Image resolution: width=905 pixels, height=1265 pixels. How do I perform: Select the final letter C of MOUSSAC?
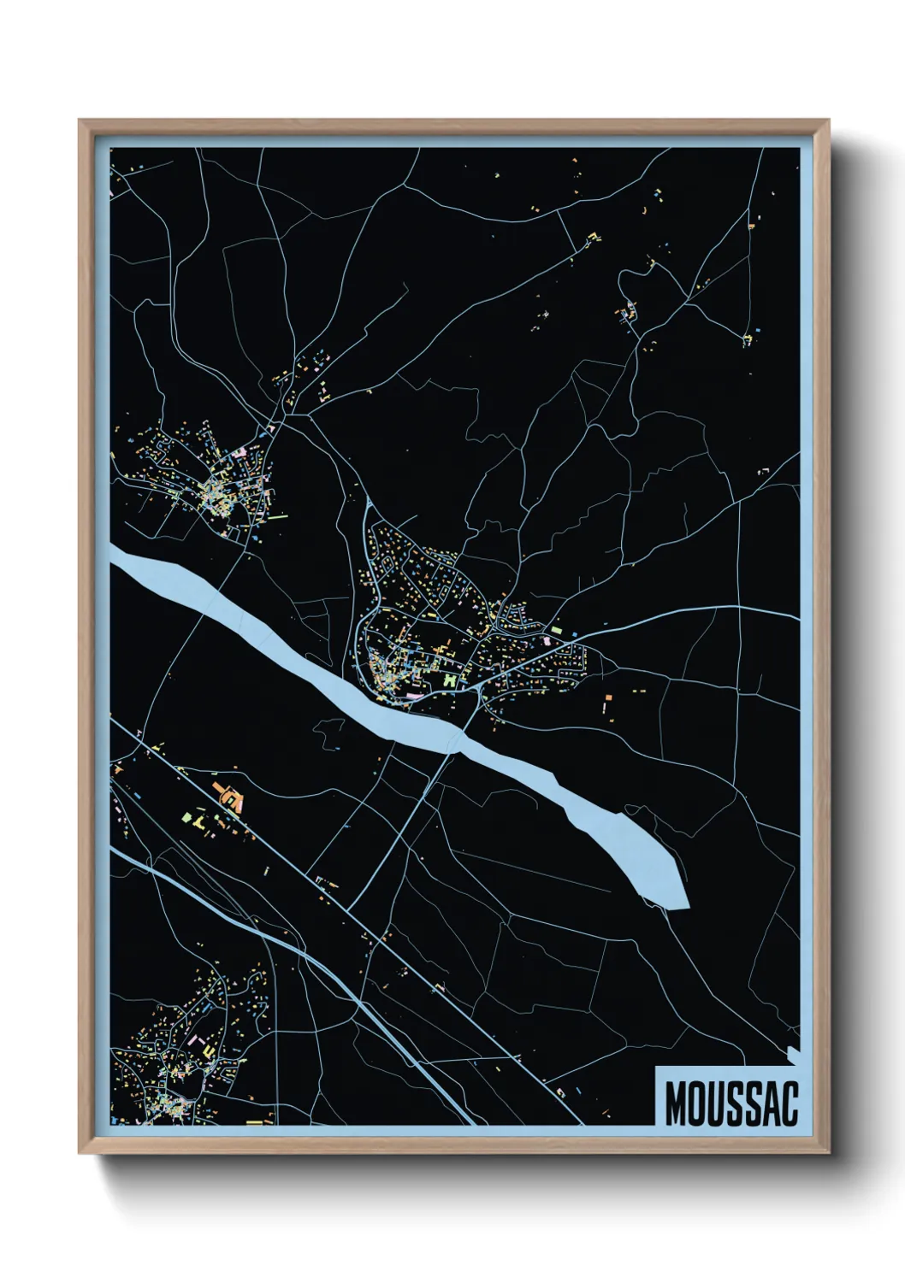pyautogui.click(x=789, y=1103)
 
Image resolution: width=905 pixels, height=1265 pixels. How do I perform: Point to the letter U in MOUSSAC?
pyautogui.click(x=714, y=1103)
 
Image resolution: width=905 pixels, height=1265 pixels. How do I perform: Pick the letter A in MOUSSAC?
pyautogui.click(x=770, y=1103)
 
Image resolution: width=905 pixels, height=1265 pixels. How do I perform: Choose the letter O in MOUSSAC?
pyautogui.click(x=695, y=1103)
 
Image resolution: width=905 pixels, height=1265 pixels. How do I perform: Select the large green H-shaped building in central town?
pyautogui.click(x=450, y=680)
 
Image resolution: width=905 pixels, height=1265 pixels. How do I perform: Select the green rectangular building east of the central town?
pyautogui.click(x=555, y=630)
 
